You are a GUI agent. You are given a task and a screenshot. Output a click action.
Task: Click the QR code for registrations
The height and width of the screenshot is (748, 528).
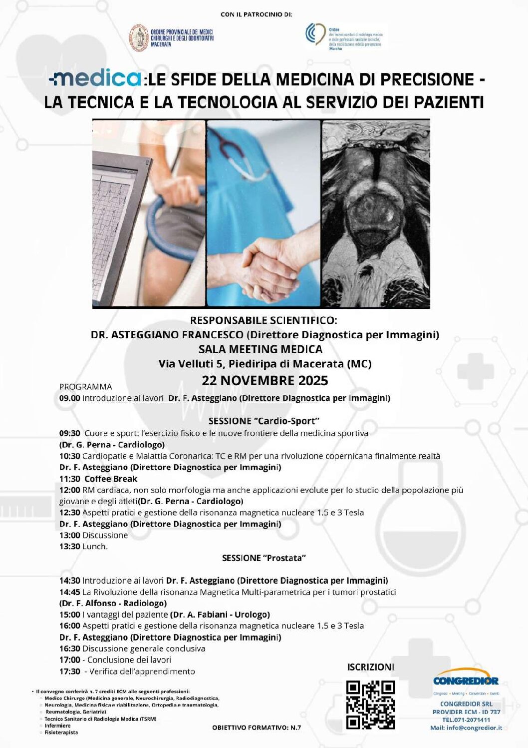click(370, 705)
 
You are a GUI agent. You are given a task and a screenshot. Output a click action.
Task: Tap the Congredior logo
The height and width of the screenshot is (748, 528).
click(466, 681)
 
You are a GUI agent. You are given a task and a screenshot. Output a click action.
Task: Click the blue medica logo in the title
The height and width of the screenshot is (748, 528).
click(96, 78)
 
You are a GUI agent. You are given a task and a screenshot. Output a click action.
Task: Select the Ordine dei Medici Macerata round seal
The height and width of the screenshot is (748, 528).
click(139, 38)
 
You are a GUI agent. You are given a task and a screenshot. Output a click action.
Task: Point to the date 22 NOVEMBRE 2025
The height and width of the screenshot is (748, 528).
click(264, 381)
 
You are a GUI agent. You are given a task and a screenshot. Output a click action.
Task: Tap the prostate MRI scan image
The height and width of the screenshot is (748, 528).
click(376, 213)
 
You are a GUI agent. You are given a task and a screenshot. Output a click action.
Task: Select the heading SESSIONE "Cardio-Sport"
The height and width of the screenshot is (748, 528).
click(264, 421)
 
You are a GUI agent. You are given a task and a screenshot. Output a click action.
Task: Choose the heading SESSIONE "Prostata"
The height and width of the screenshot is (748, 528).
click(264, 558)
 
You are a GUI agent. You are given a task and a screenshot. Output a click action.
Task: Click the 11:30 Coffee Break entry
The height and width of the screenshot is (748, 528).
click(98, 479)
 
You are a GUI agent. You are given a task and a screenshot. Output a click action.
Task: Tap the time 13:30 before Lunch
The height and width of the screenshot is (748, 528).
click(69, 546)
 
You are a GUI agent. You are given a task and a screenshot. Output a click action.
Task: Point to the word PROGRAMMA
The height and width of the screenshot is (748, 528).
click(85, 387)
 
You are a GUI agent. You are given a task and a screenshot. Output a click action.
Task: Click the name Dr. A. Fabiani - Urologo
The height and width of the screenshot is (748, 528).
click(220, 615)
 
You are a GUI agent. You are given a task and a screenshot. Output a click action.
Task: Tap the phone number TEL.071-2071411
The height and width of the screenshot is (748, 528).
click(466, 720)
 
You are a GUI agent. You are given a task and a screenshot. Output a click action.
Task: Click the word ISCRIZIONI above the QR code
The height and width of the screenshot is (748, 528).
click(370, 667)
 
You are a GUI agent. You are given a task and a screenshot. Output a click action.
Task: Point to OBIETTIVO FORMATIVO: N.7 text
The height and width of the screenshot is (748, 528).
click(257, 728)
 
